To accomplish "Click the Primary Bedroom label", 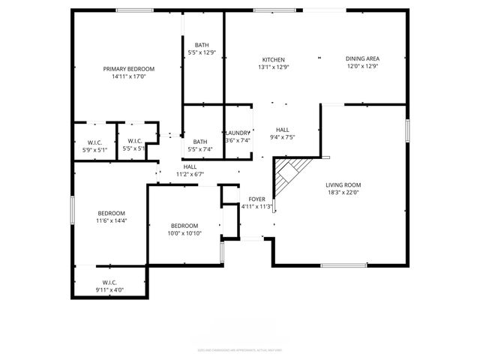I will click(124, 68).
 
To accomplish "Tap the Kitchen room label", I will click(273, 60).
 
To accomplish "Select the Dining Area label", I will click(361, 60).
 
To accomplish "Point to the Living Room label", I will click(343, 184).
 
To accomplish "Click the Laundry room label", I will click(238, 133).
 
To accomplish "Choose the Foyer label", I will click(256, 199).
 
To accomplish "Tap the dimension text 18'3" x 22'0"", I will click(343, 193).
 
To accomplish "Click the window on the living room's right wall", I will click(408, 130).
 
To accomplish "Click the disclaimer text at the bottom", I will click(239, 349).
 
